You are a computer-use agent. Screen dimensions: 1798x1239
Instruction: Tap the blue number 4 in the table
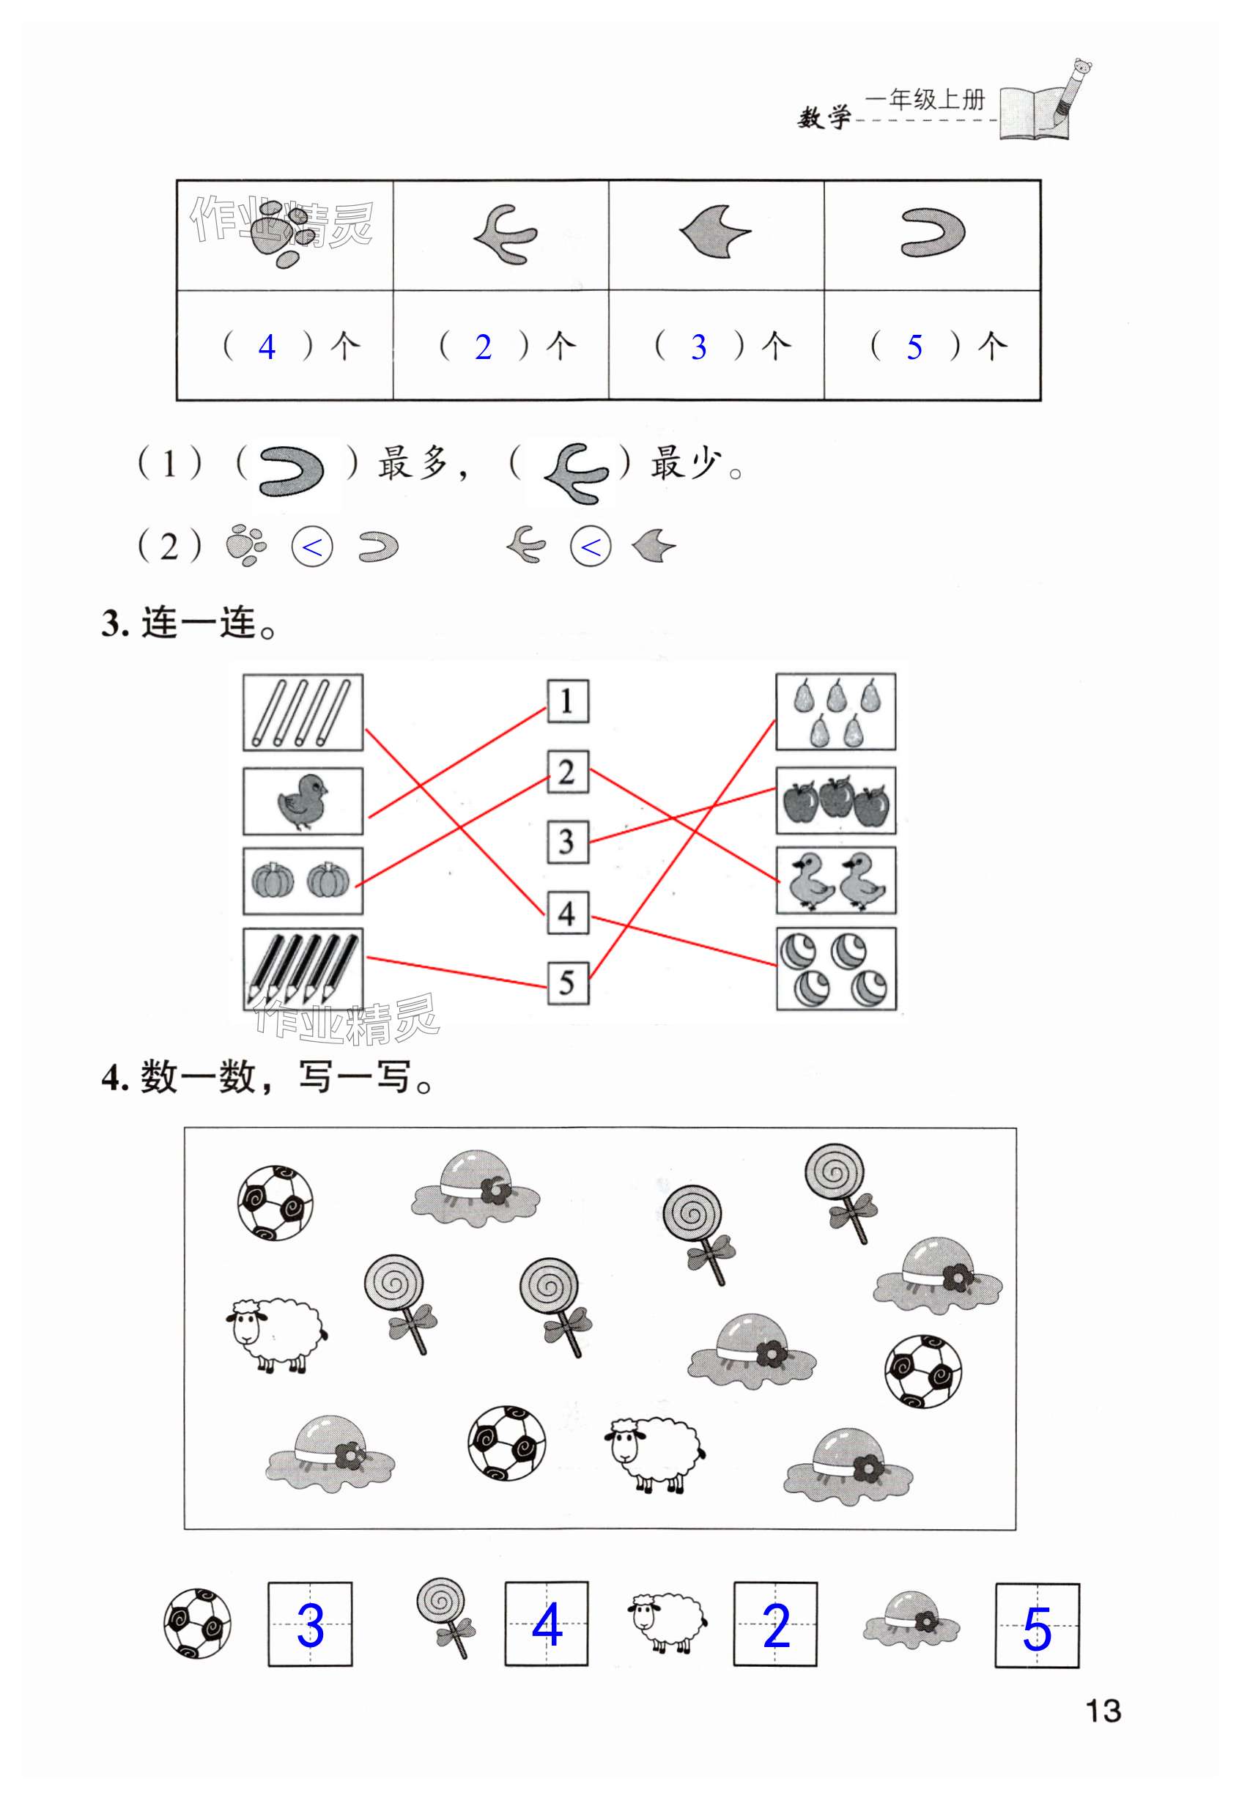pos(267,347)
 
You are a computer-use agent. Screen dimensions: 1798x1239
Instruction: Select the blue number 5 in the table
pos(914,347)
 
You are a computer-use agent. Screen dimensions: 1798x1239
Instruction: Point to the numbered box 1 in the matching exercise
pos(568,701)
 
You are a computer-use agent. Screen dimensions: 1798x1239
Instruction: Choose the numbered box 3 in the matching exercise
pos(568,843)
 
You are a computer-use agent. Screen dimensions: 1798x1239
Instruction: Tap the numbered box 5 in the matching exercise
pos(568,983)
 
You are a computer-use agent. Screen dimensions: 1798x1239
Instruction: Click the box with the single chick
pos(303,801)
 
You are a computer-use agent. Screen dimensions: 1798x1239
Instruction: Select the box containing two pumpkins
pos(303,881)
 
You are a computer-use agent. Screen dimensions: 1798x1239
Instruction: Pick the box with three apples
pos(836,801)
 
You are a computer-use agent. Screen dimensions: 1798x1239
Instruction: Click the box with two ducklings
pos(836,881)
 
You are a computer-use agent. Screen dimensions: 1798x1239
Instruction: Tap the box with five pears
pos(836,712)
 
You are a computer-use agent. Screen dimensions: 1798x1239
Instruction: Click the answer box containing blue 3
pos(310,1625)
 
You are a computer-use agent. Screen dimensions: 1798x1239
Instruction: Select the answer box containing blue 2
pos(774,1625)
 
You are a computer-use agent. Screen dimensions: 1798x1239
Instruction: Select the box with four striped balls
pos(836,969)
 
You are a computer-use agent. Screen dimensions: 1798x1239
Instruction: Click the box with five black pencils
pos(303,969)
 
